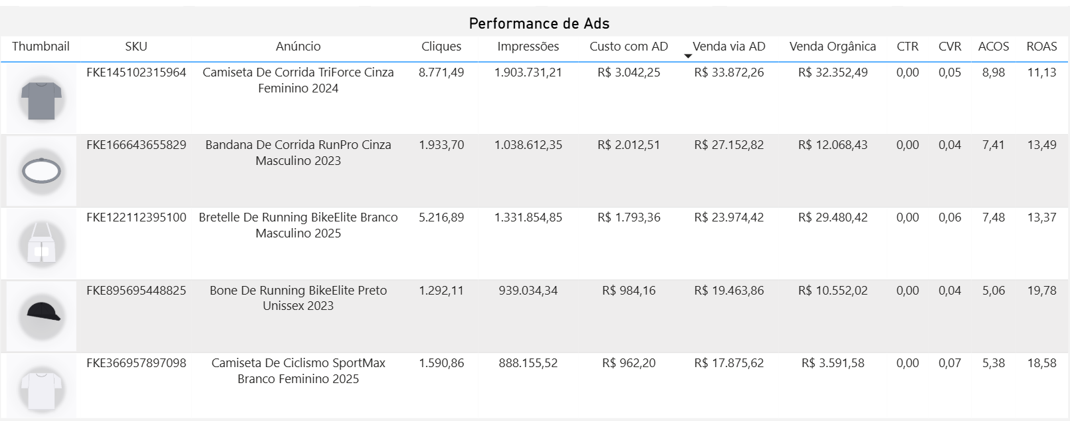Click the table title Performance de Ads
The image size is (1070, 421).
(x=539, y=23)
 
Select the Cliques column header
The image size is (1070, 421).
(x=441, y=47)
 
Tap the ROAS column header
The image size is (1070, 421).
(x=1041, y=47)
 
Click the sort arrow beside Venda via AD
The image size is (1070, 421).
(x=688, y=57)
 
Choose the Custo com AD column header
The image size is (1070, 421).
(x=629, y=47)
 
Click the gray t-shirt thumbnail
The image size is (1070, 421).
(x=41, y=99)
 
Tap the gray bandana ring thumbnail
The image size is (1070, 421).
(x=41, y=171)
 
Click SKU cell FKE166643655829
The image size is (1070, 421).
(x=136, y=145)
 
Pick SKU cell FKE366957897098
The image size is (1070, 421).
(x=136, y=363)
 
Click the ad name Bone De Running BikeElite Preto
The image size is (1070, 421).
(x=298, y=291)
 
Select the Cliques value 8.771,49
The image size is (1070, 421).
(x=441, y=72)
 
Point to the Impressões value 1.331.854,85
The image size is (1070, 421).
(x=528, y=217)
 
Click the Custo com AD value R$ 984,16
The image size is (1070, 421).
(x=629, y=291)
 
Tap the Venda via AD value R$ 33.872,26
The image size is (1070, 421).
(x=729, y=72)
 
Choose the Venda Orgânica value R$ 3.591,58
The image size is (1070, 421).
(x=833, y=363)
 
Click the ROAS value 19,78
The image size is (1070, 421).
(x=1041, y=291)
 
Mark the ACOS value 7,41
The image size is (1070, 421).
(x=994, y=145)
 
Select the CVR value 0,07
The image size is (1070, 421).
(x=950, y=363)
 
